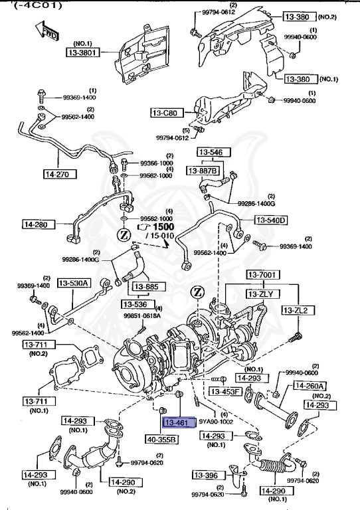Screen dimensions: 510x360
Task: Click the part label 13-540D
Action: click(270, 220)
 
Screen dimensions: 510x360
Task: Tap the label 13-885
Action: click(145, 287)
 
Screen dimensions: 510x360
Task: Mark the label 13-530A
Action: click(73, 283)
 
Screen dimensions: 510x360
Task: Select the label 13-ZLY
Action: click(264, 293)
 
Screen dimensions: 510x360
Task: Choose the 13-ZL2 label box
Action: click(297, 310)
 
